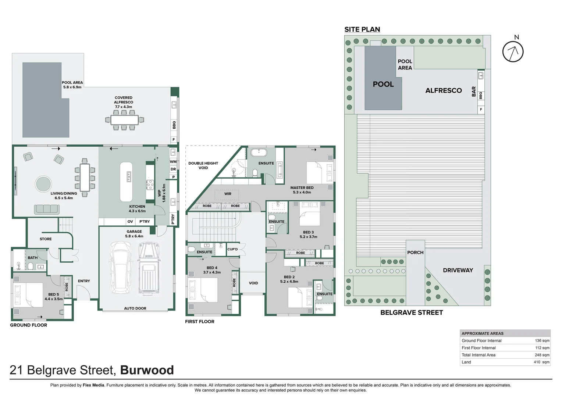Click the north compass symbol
(x=513, y=51)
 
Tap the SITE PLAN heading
(x=362, y=29)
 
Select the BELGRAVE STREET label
(x=411, y=312)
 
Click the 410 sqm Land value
(x=542, y=362)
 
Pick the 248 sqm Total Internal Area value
(x=542, y=355)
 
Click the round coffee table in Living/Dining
(x=43, y=183)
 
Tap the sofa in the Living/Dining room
(x=47, y=209)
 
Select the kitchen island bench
(x=126, y=176)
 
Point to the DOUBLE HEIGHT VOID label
(x=203, y=165)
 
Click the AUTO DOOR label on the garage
(x=135, y=308)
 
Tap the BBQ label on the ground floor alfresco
(x=174, y=125)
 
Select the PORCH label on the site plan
(x=415, y=253)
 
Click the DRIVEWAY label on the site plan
(x=458, y=270)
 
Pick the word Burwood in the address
(x=147, y=370)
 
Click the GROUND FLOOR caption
(x=28, y=325)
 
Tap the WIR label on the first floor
(x=228, y=194)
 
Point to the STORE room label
(x=46, y=239)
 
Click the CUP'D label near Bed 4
(x=232, y=249)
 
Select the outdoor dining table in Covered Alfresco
(x=124, y=120)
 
